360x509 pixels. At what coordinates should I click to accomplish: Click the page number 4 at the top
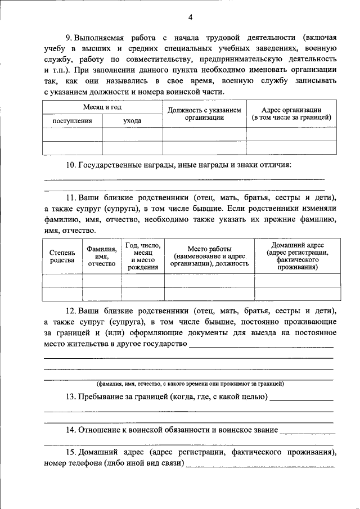tap(190, 17)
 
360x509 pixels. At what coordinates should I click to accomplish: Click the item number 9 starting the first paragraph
tap(69, 38)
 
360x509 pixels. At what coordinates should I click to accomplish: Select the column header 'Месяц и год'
tap(102, 107)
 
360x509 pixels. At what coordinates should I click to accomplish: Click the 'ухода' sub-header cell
tap(132, 120)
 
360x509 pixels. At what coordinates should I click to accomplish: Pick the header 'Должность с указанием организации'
tap(204, 114)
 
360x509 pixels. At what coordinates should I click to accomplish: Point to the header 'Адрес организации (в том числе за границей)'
tap(291, 113)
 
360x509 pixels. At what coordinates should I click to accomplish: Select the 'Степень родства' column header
tap(62, 256)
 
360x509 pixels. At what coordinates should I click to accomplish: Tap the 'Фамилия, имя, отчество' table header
tap(102, 256)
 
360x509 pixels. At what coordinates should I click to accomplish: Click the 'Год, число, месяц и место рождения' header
tap(143, 256)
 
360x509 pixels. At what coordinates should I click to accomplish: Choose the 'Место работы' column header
tap(209, 256)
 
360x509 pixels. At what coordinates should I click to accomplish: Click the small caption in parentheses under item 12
tap(190, 384)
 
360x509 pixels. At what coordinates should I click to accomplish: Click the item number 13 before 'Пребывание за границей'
tap(71, 397)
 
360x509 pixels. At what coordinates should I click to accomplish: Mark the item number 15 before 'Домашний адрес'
tap(71, 452)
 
